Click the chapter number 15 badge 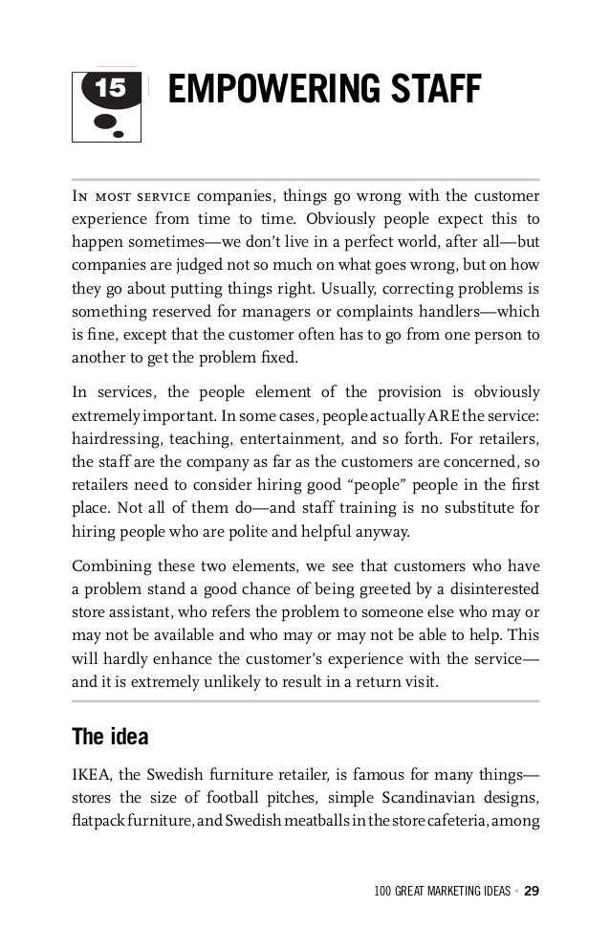[109, 89]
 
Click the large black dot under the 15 [105, 120]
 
